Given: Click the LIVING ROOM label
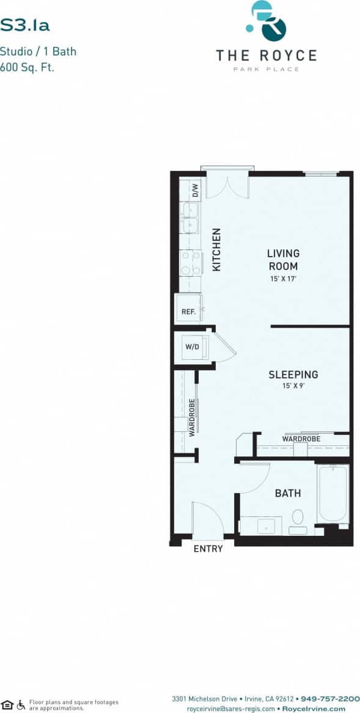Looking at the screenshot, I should click(x=283, y=260).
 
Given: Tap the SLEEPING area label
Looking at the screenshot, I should click(x=293, y=375).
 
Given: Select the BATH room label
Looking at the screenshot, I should click(x=287, y=493).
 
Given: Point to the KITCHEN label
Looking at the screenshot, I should click(x=216, y=249).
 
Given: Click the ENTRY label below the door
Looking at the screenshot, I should click(x=208, y=549).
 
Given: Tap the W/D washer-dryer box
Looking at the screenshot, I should click(x=192, y=347).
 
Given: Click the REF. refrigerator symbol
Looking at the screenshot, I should click(x=188, y=312).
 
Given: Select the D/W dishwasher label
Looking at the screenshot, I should click(x=196, y=191).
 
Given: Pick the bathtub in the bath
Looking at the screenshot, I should click(x=332, y=494).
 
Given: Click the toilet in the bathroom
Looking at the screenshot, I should click(x=298, y=519).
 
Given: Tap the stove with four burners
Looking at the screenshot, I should click(x=190, y=262).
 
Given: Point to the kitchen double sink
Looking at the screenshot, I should click(x=189, y=218).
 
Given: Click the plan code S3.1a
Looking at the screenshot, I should click(x=25, y=25).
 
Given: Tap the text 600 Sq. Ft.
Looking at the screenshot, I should click(x=28, y=68).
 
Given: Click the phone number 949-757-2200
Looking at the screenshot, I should click(x=330, y=698).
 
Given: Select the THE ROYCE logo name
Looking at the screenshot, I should click(x=266, y=56).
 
